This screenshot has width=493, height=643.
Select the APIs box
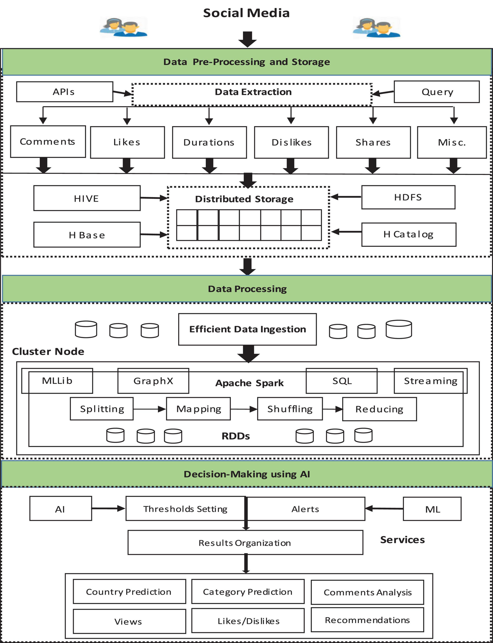64,92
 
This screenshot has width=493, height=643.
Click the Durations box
209,142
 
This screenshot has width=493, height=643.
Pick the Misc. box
452,142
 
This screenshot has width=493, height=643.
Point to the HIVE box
87,198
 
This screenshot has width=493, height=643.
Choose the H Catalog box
408,234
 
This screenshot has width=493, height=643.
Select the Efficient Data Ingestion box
247,329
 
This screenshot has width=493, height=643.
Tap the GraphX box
153,381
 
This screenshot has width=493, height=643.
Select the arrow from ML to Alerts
384,509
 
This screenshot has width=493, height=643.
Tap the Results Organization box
245,543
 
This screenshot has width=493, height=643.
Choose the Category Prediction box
248,592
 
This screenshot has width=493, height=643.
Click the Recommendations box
367,620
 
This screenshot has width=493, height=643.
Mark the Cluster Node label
48,351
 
